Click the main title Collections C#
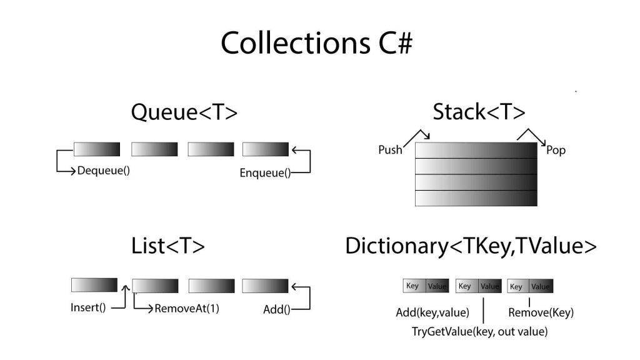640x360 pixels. [317, 44]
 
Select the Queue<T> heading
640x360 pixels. [184, 112]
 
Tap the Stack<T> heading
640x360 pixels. [479, 112]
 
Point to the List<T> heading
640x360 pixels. [169, 246]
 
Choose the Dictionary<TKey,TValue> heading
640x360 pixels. [471, 246]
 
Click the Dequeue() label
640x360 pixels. [103, 170]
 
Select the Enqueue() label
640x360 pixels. [265, 173]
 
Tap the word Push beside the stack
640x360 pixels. [390, 150]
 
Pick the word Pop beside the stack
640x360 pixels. [556, 151]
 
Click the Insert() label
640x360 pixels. [88, 308]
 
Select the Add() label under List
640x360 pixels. [277, 309]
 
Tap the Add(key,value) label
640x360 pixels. [432, 312]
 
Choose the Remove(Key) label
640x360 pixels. [541, 312]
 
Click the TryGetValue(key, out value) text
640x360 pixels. [479, 332]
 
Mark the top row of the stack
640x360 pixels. [476, 151]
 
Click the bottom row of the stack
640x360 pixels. [476, 198]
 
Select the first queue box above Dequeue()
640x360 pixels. [96, 149]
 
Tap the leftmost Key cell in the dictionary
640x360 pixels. [413, 286]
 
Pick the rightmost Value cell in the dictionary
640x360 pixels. [541, 286]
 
